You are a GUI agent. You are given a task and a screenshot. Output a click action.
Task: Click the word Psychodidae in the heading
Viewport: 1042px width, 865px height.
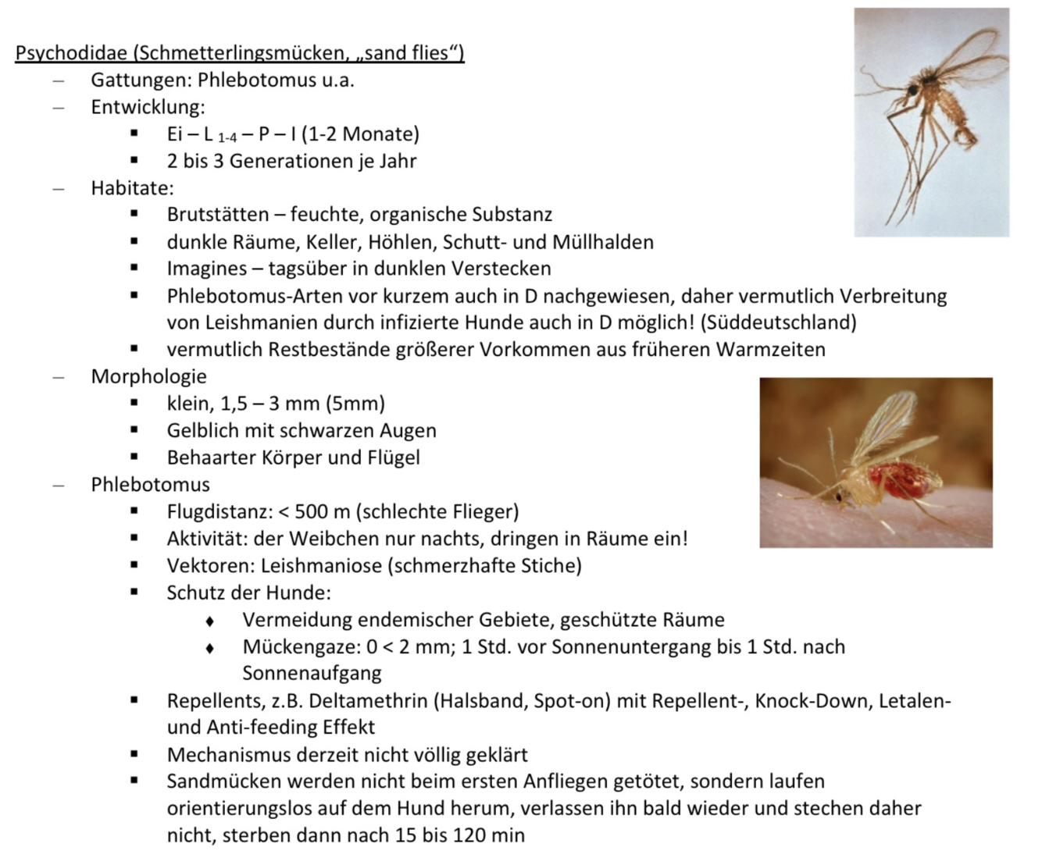coord(72,53)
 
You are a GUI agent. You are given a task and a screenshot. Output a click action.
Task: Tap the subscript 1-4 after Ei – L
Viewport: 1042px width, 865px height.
coord(227,137)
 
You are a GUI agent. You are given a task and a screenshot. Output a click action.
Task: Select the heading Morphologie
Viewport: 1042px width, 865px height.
coord(148,376)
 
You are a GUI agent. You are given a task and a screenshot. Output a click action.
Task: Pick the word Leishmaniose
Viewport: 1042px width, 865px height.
coord(321,566)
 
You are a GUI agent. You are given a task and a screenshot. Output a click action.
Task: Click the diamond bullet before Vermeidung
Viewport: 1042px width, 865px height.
coord(209,621)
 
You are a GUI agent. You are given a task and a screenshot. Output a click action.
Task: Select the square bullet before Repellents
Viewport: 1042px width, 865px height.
coord(134,700)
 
